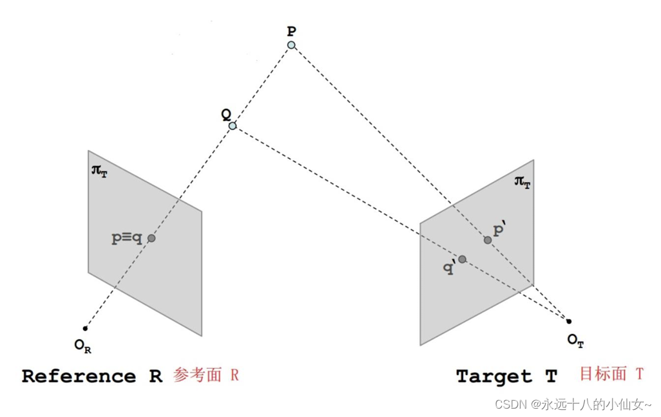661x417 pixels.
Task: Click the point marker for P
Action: [x=291, y=45]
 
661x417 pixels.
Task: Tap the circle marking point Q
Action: [x=232, y=125]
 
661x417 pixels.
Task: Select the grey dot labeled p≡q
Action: [x=151, y=238]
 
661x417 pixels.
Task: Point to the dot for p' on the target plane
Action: [x=488, y=240]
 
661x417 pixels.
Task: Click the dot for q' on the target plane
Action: [x=462, y=259]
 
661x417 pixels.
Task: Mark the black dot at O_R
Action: [x=85, y=328]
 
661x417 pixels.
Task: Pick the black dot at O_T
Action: [x=569, y=321]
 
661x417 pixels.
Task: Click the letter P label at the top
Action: [x=291, y=30]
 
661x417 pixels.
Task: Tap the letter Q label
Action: [x=226, y=113]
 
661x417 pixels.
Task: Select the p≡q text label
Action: [x=127, y=237]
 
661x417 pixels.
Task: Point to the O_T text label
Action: [x=575, y=341]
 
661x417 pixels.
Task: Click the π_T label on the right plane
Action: [x=522, y=181]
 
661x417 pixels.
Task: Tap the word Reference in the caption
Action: [x=79, y=376]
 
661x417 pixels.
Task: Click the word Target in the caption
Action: [x=494, y=376]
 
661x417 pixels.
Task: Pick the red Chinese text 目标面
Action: [x=603, y=373]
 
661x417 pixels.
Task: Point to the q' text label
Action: [x=449, y=268]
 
